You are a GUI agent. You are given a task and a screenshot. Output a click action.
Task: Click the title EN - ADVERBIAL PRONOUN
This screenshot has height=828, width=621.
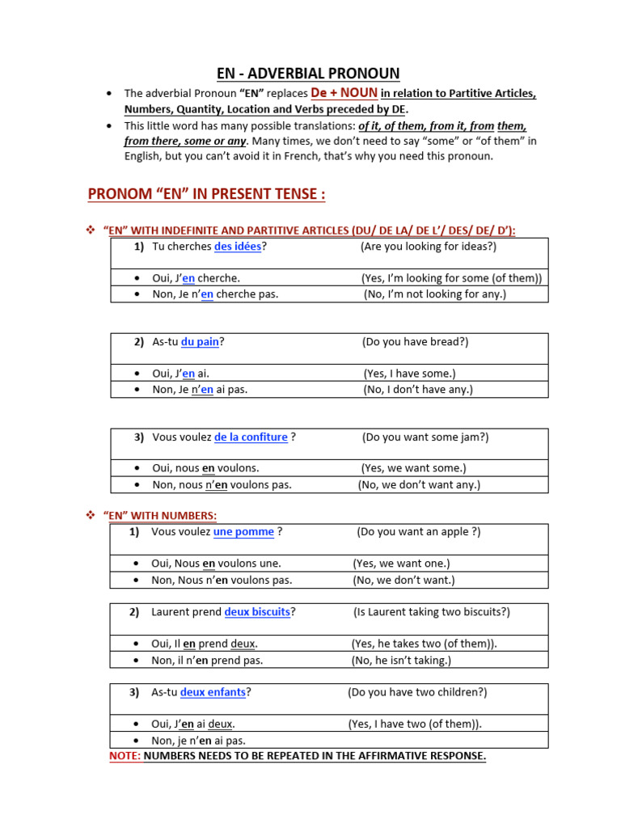310,73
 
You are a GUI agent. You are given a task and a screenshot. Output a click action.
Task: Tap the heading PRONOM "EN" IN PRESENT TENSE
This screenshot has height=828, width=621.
206,194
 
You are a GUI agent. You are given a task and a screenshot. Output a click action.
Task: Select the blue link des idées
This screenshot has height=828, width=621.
238,247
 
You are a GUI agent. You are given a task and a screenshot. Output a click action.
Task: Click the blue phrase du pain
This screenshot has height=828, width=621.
200,342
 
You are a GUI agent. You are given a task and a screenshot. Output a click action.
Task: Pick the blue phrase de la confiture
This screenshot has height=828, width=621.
251,437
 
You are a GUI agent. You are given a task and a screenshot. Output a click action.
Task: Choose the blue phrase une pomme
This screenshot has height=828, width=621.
243,532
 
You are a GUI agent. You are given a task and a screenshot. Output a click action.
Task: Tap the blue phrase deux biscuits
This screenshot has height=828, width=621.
257,612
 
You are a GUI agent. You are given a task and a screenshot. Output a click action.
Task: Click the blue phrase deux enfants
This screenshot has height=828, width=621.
213,692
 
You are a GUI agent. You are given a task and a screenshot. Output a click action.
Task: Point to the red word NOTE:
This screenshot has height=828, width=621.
125,756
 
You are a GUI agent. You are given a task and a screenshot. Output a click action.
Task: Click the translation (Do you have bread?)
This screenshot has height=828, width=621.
416,342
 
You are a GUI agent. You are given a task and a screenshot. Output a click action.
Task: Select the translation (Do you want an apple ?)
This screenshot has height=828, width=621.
418,532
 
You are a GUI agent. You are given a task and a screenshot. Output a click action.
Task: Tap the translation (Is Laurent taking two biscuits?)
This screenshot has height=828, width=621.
431,612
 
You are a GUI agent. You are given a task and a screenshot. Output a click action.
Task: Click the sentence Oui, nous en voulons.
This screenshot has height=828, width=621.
205,468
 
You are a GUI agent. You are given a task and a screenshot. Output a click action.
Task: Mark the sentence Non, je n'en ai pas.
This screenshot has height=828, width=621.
198,741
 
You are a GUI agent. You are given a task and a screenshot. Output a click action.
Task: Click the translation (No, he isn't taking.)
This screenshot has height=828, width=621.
401,660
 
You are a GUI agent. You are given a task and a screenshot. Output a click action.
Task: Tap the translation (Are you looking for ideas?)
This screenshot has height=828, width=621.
429,247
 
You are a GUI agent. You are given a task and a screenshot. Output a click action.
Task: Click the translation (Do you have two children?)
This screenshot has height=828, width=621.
417,692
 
